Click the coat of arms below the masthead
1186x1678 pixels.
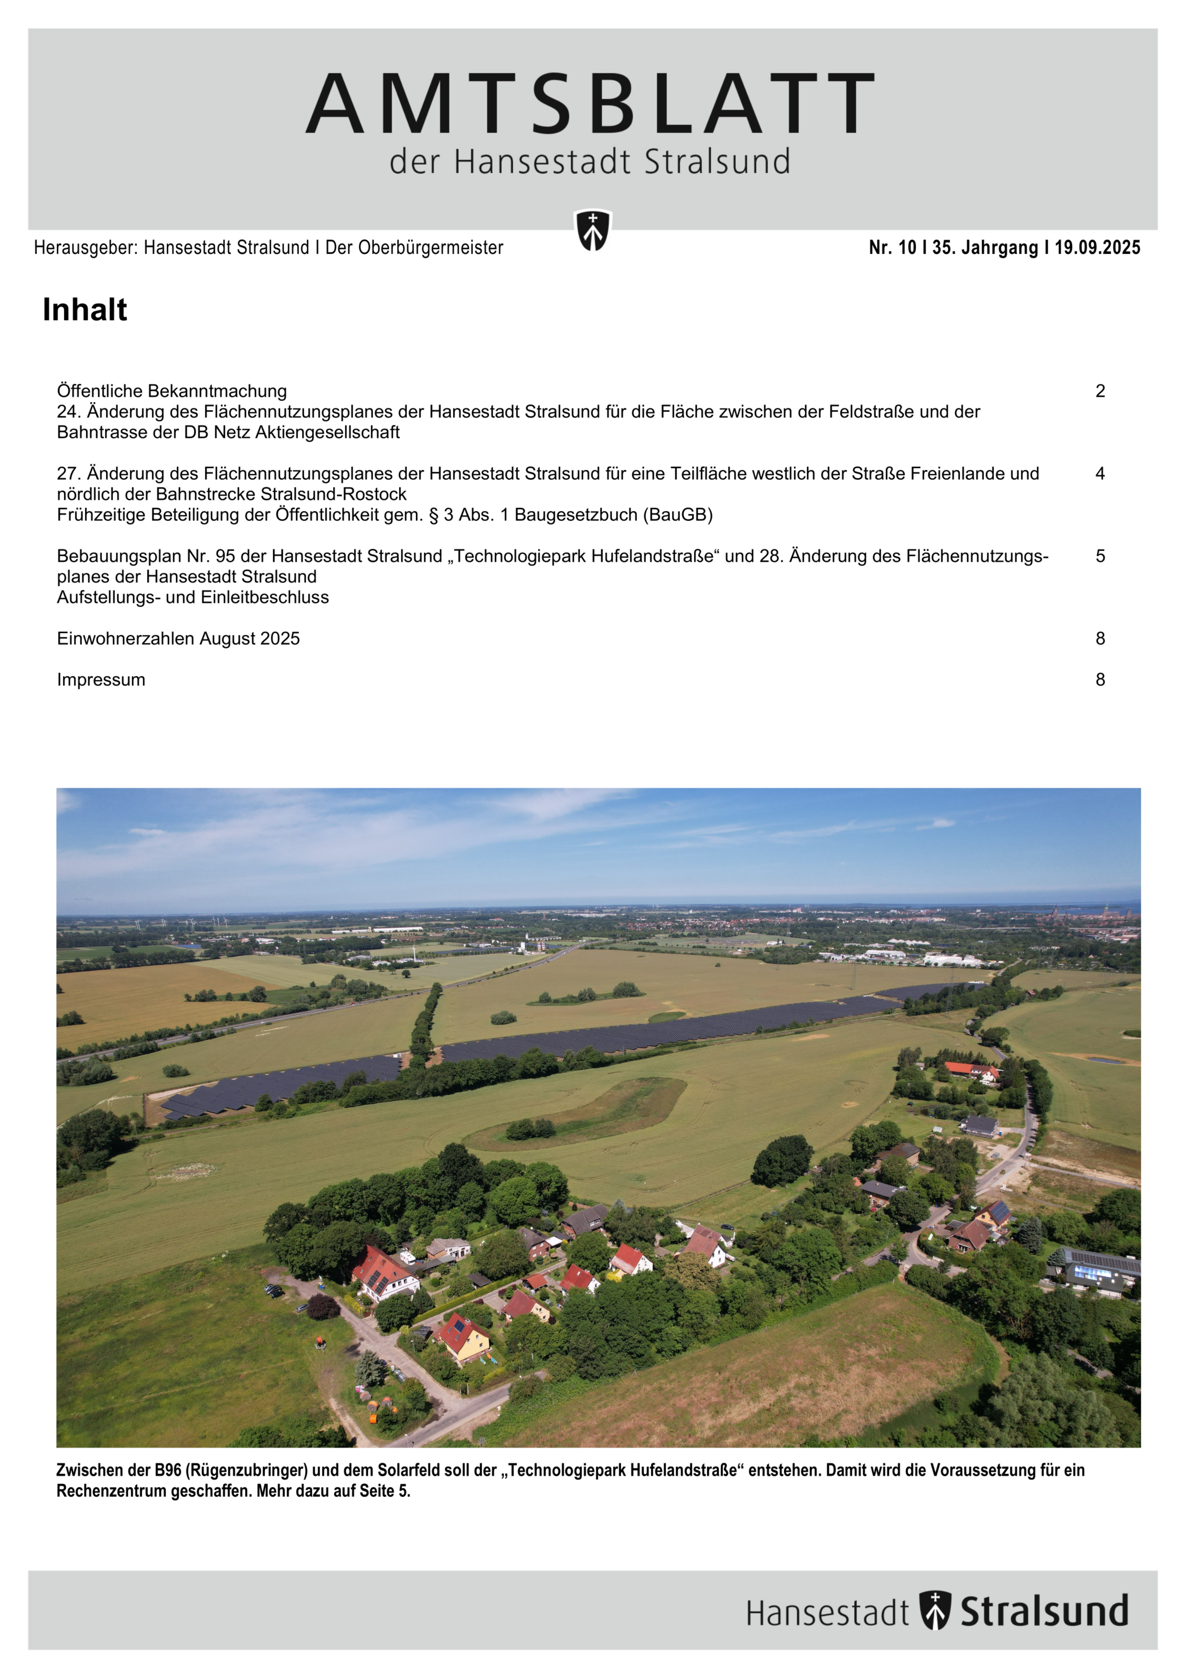pyautogui.click(x=593, y=230)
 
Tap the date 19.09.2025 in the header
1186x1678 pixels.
pyautogui.click(x=1097, y=248)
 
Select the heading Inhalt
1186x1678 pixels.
pyautogui.click(x=85, y=310)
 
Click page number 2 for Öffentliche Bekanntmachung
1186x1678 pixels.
pyautogui.click(x=1100, y=391)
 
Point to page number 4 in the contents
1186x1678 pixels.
pyautogui.click(x=1100, y=473)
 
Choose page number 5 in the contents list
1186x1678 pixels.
pyautogui.click(x=1100, y=556)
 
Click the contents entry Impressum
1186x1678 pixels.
pyautogui.click(x=101, y=680)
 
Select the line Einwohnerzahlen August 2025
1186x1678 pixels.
pyautogui.click(x=178, y=639)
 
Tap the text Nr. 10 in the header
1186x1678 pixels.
pyautogui.click(x=892, y=248)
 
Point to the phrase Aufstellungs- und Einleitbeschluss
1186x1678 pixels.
pyautogui.click(x=193, y=597)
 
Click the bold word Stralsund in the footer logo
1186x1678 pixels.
pyautogui.click(x=1044, y=1611)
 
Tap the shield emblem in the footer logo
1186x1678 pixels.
pyautogui.click(x=935, y=1610)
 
